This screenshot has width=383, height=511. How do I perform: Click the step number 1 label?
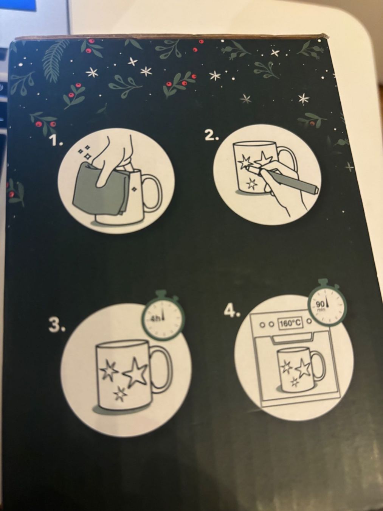click(x=57, y=140)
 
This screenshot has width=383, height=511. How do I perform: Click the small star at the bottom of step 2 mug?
click(x=252, y=184)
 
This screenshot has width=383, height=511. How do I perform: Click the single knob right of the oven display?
click(x=309, y=321)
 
